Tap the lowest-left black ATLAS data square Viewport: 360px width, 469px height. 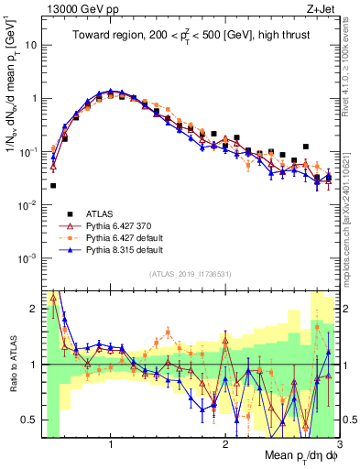tap(53, 185)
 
